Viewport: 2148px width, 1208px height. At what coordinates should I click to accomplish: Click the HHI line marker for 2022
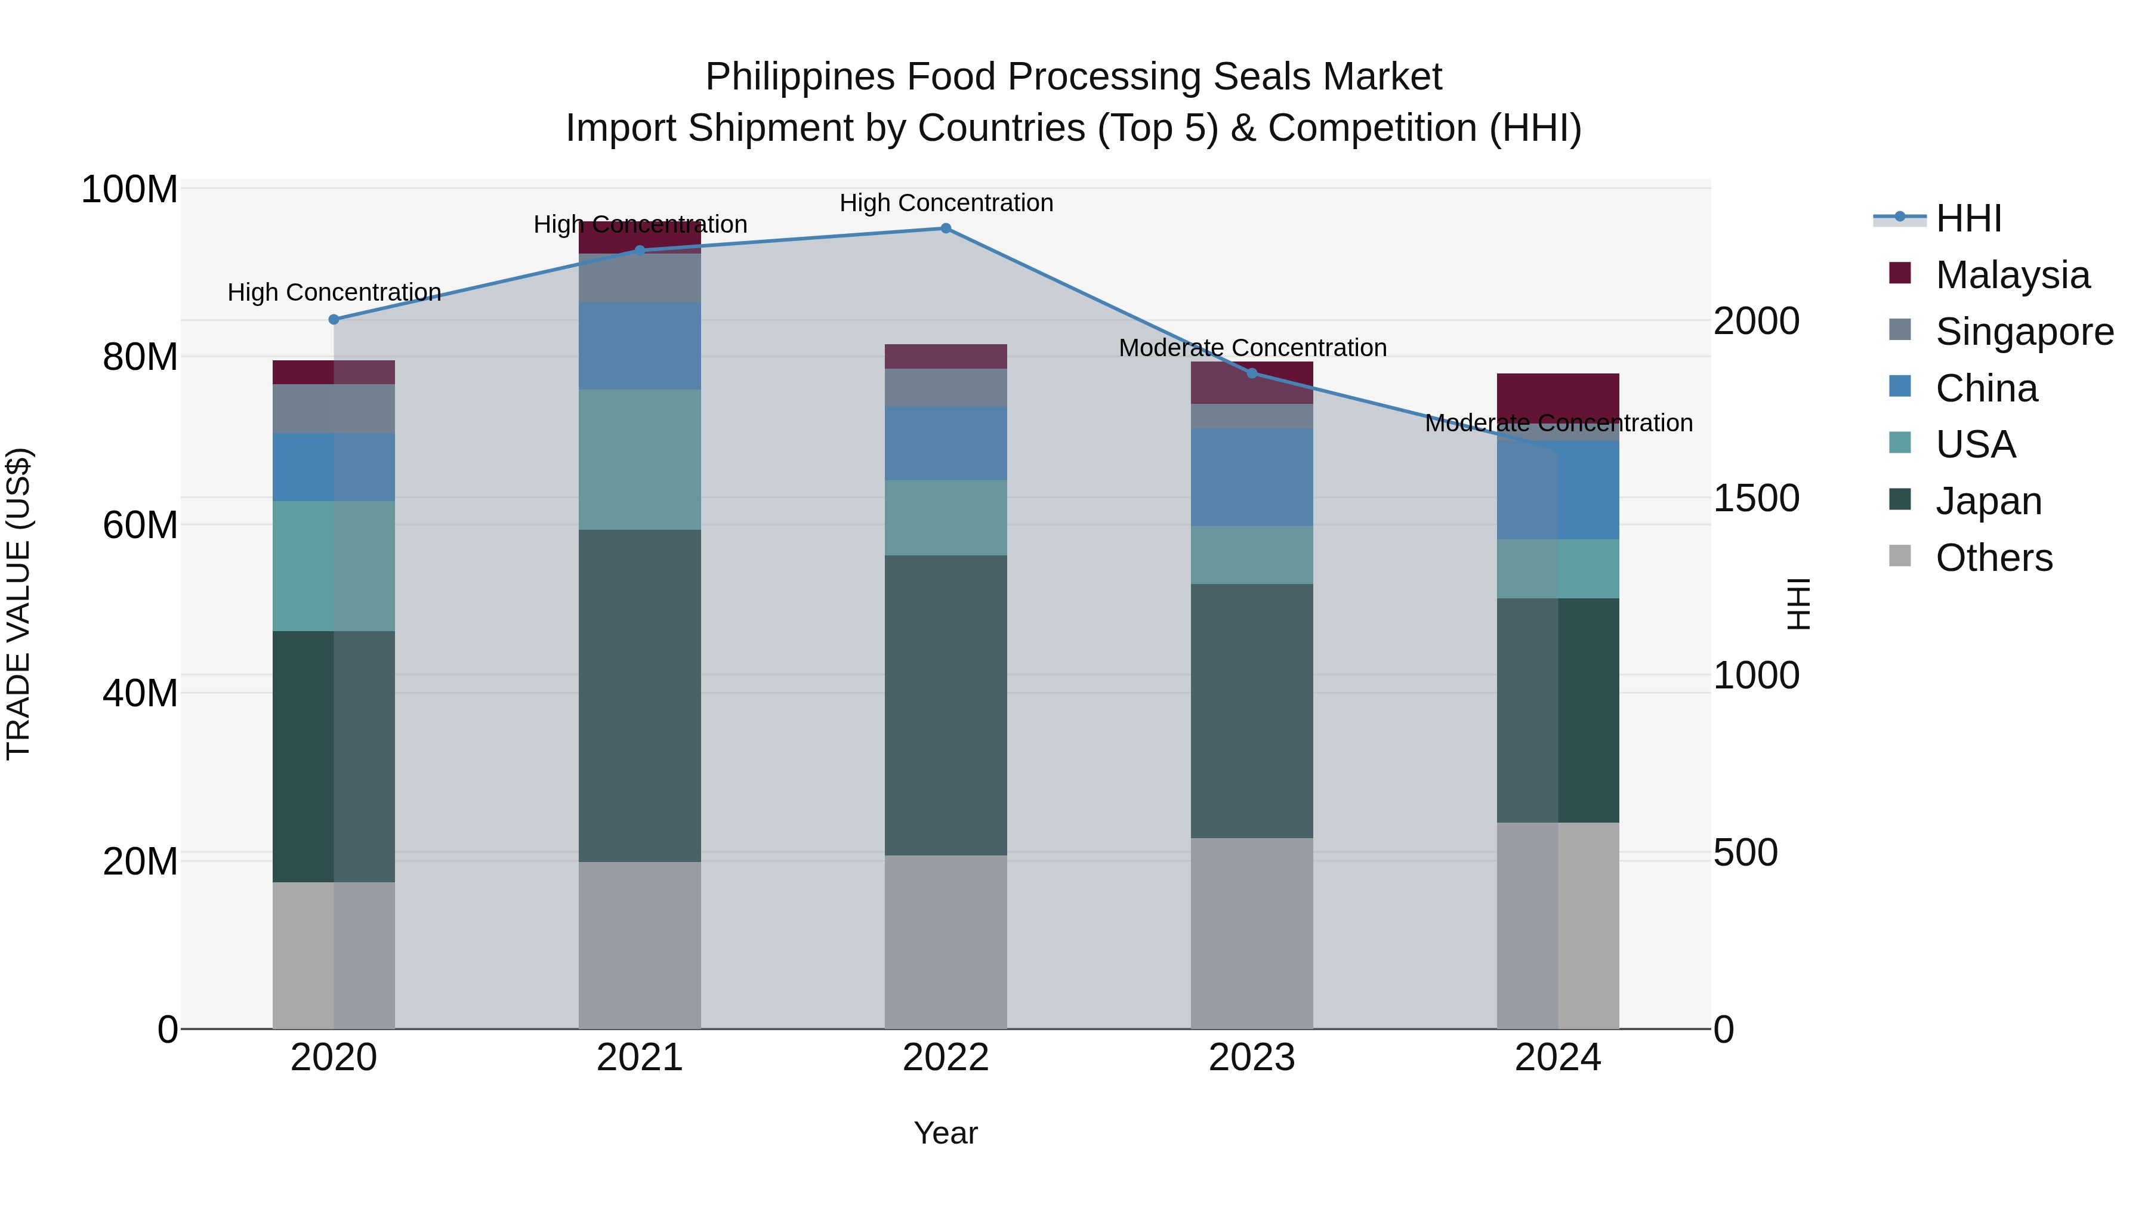[x=946, y=228]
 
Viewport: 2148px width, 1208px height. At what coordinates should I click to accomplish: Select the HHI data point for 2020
[x=334, y=319]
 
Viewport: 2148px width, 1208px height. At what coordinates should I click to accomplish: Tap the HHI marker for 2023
[x=1252, y=373]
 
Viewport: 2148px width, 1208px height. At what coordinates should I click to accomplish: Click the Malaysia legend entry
[x=2011, y=275]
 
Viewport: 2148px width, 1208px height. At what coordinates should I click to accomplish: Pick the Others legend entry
[x=1993, y=558]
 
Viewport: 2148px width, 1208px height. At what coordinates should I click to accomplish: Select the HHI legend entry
[x=1968, y=218]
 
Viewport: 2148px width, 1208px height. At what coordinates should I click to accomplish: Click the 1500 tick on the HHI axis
[x=1756, y=499]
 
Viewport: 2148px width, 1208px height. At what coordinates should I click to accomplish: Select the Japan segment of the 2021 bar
[x=640, y=696]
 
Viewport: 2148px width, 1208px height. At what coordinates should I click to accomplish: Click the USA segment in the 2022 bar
[x=946, y=518]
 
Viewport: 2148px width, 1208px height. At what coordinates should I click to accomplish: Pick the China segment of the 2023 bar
[x=1252, y=478]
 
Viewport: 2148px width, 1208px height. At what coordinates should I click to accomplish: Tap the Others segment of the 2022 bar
[x=946, y=942]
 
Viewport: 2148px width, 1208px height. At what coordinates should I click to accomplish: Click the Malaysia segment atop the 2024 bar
[x=1558, y=396]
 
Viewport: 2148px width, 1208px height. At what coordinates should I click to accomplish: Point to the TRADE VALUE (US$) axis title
[x=18, y=604]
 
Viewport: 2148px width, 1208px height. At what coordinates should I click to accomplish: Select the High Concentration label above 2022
[x=946, y=203]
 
